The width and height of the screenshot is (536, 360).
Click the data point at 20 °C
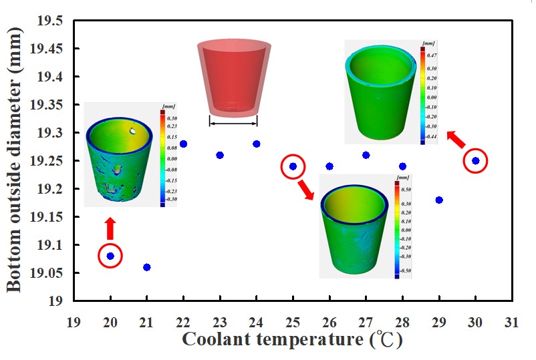(x=110, y=256)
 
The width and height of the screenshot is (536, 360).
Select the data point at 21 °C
(x=147, y=267)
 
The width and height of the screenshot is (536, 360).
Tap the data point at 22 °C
(x=183, y=144)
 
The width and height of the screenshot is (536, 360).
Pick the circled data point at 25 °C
(x=293, y=166)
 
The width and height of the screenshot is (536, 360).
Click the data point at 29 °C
(x=438, y=200)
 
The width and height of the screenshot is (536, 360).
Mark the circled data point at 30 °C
(x=475, y=160)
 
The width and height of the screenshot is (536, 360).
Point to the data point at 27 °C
(x=366, y=155)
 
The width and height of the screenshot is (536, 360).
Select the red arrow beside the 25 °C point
(x=305, y=188)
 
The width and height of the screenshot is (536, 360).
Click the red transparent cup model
(x=233, y=77)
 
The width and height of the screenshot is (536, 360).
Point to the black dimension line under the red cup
(x=233, y=122)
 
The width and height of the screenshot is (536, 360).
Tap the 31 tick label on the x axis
(x=511, y=322)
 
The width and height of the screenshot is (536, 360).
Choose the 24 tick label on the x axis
(x=256, y=322)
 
